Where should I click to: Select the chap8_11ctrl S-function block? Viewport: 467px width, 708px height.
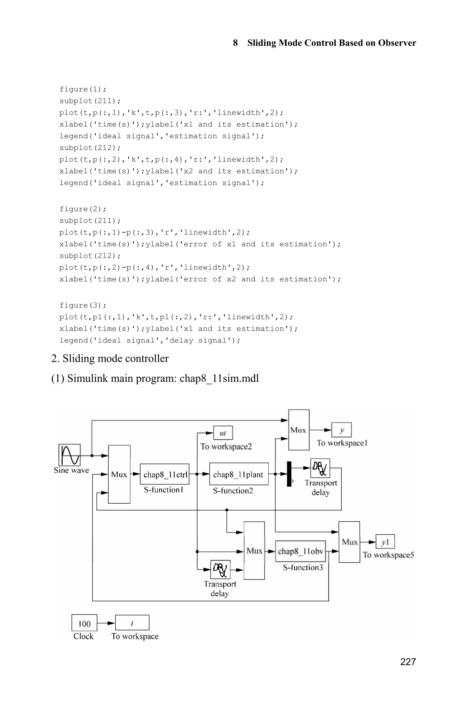(x=164, y=474)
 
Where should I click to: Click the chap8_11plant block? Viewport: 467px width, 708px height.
(x=239, y=474)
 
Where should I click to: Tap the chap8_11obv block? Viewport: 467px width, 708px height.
(x=300, y=551)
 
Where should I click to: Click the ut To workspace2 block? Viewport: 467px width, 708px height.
(x=223, y=433)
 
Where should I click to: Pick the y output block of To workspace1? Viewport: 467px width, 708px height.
(x=341, y=430)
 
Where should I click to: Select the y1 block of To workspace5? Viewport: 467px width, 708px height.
(x=385, y=542)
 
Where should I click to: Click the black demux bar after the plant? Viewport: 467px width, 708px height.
(x=289, y=474)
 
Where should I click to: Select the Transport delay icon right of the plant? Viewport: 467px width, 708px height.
(x=320, y=468)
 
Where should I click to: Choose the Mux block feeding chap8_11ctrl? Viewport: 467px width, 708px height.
(x=119, y=474)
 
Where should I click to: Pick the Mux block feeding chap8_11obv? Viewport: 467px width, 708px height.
(x=254, y=551)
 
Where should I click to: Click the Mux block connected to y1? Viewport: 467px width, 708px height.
(x=349, y=542)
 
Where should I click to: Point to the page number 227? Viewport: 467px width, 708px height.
(x=408, y=662)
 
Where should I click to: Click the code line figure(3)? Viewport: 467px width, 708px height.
(x=83, y=305)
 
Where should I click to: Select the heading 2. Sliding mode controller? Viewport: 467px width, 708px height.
(x=110, y=358)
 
